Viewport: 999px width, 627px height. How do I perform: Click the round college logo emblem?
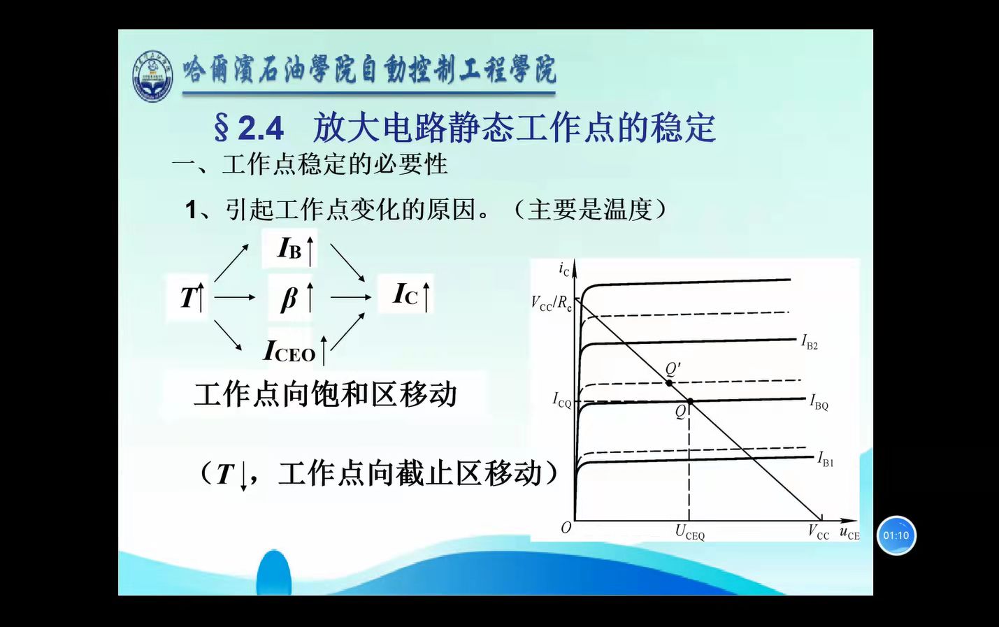pos(152,75)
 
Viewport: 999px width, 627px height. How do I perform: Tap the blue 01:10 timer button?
pos(896,535)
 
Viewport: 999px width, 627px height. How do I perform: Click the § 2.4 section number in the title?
pos(248,127)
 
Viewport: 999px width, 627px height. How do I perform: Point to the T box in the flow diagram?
pos(188,297)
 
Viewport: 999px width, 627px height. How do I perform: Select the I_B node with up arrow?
pos(290,248)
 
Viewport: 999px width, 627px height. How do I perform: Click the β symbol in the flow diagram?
pos(289,298)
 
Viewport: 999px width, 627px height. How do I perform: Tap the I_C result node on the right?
pos(406,294)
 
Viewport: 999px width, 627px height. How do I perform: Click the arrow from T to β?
pos(235,298)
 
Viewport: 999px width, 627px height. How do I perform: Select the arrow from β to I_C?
pos(350,298)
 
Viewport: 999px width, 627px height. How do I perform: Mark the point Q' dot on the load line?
pos(669,383)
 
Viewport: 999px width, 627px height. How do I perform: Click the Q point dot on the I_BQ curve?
pos(690,402)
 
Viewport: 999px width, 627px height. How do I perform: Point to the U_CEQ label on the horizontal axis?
pos(689,532)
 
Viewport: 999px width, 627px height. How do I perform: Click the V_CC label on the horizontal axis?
pos(819,532)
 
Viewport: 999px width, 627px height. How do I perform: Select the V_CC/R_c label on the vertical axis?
pos(552,303)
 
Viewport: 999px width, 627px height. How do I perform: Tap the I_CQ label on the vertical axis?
pos(562,400)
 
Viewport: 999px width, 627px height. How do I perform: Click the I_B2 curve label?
pos(810,342)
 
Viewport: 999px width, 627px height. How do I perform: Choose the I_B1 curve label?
pos(826,459)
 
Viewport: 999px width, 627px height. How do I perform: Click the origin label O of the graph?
pos(566,528)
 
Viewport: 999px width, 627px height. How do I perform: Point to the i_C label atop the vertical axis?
pos(563,269)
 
